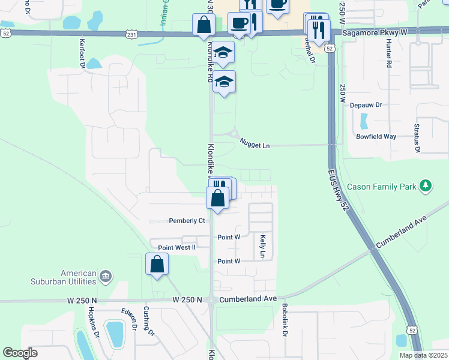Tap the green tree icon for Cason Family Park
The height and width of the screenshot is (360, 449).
pos(426,186)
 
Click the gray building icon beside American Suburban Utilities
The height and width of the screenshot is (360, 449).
pos(105,276)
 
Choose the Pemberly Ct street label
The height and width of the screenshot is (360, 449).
pos(187,221)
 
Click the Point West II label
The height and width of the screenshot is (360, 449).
pos(176,247)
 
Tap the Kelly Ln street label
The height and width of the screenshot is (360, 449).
pos(263,247)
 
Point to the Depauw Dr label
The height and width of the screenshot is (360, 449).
pos(366,104)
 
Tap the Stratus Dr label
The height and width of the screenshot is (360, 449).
pos(416,139)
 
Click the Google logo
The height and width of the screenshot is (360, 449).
pos(20,353)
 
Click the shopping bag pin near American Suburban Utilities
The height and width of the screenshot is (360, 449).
pos(157,265)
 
